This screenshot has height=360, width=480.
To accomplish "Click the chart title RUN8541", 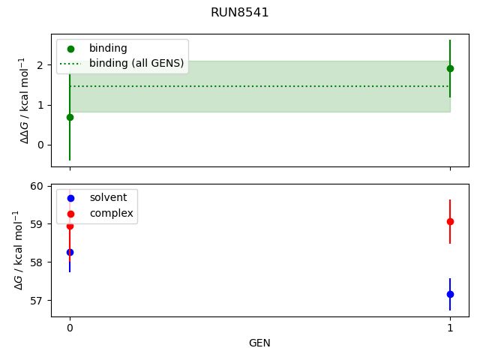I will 240,13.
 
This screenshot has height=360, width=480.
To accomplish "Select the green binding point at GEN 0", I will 70,117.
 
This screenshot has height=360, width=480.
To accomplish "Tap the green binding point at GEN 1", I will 450,68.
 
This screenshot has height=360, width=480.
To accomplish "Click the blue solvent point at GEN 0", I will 70,252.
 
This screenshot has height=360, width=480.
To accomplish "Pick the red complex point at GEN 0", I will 70,226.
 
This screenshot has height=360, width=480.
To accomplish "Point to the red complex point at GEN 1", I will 450,221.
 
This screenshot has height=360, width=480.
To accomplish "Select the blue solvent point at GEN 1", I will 450,294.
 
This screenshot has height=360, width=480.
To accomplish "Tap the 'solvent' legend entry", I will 108,198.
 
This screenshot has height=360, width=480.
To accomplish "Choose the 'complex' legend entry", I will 111,214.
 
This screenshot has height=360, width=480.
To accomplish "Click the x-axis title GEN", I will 259,343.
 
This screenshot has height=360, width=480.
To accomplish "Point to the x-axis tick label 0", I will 70,327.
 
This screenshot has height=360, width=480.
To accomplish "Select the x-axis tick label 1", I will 450,327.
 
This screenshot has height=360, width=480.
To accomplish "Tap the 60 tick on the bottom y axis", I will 38,186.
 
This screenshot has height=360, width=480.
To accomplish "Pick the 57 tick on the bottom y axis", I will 38,301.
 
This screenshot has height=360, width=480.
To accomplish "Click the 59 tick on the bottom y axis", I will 38,224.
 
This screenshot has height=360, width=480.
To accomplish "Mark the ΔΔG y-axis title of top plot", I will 25,100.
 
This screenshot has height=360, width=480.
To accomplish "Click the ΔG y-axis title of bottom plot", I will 19,250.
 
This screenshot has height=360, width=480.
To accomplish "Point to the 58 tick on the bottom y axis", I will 38,262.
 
